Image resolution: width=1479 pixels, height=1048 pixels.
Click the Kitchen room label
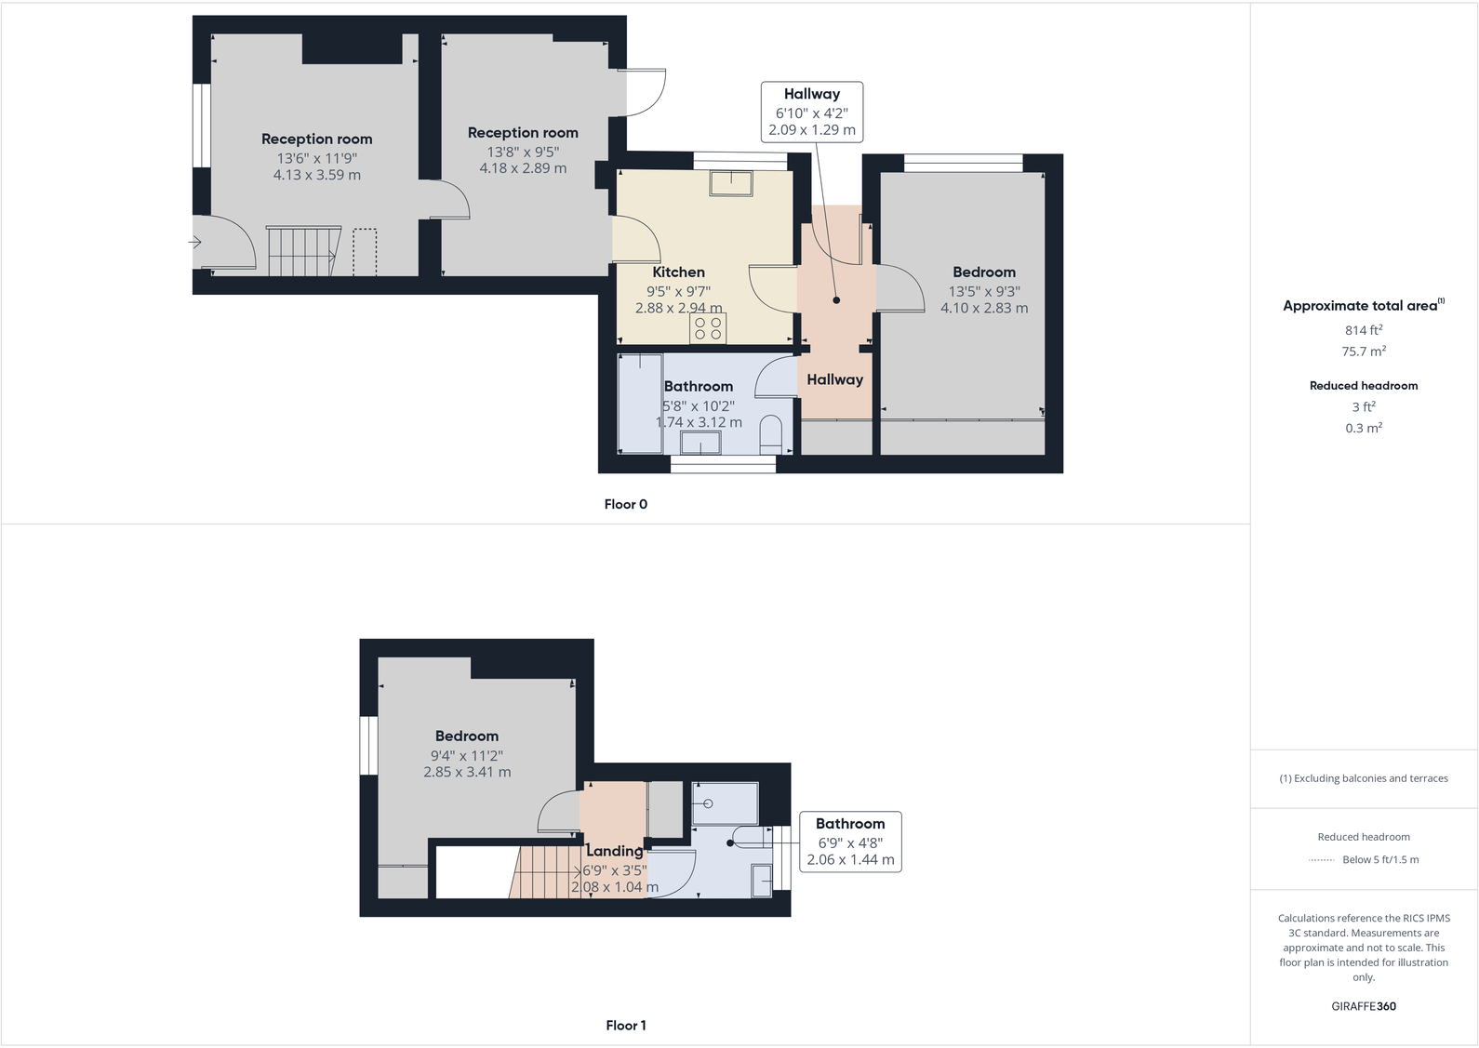click(x=678, y=272)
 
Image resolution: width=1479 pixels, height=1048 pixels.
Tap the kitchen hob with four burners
click(x=708, y=327)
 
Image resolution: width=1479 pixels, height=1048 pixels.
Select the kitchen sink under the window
click(x=731, y=183)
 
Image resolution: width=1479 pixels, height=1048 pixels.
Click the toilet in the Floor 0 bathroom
click(x=772, y=434)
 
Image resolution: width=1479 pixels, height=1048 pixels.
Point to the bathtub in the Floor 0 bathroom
click(x=640, y=403)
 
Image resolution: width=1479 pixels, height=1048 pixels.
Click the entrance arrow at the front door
click(x=195, y=243)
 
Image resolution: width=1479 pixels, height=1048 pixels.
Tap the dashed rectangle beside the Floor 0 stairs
click(x=365, y=252)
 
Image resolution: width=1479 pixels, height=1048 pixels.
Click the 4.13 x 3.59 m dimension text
click(x=316, y=175)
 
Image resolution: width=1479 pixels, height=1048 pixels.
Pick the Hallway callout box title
click(x=811, y=94)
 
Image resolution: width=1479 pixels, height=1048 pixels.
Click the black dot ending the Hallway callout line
click(x=836, y=300)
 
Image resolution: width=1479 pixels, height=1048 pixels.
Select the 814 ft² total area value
click(x=1363, y=330)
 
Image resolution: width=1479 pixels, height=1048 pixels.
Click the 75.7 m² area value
click(x=1363, y=352)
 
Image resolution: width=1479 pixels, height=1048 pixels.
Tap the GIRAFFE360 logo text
click(x=1363, y=1006)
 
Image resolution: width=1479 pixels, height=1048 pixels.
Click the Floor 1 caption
click(x=625, y=1026)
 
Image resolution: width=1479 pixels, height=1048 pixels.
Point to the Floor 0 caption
click(x=625, y=504)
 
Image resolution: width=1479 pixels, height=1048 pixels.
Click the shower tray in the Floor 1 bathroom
click(x=725, y=803)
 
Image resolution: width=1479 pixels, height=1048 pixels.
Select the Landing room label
click(x=614, y=851)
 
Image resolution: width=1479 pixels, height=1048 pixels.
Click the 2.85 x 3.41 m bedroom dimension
click(x=467, y=772)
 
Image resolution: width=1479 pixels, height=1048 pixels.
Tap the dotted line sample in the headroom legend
click(x=1321, y=860)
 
